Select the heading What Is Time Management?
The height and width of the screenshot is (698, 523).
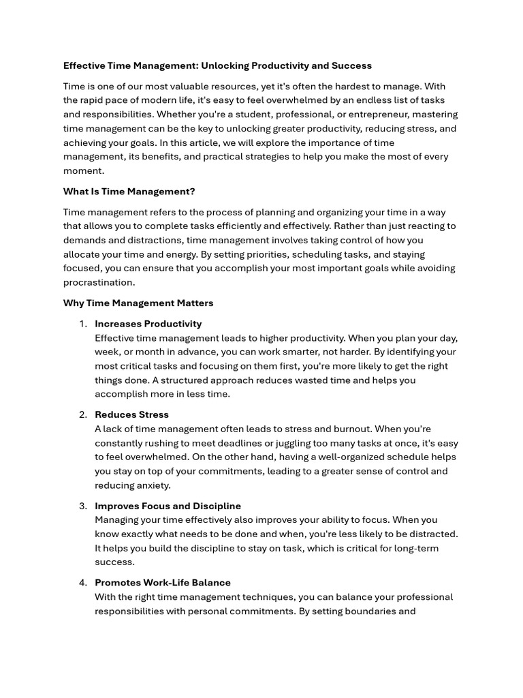[129, 192]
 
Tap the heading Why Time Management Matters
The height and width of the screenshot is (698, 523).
[138, 303]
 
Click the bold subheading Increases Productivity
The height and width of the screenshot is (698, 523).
[148, 324]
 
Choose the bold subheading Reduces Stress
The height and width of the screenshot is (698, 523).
[131, 414]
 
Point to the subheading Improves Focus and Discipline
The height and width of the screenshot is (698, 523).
[168, 506]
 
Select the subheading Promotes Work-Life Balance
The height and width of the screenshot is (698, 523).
[162, 583]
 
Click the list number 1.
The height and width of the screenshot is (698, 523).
[83, 324]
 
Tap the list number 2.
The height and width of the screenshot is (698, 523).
[83, 414]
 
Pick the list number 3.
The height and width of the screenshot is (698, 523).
[83, 506]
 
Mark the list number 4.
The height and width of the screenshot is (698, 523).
[83, 583]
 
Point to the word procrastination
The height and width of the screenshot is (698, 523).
[99, 282]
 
